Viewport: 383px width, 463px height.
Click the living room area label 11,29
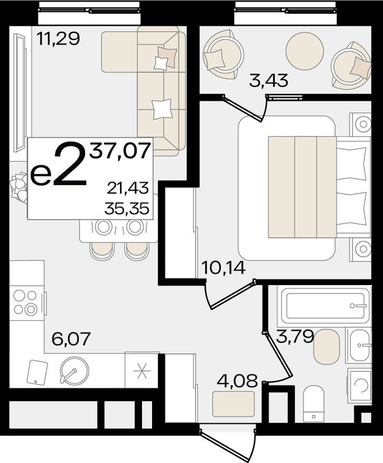point(58,38)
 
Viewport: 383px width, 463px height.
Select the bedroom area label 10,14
point(223,269)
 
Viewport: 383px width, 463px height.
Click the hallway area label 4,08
point(235,379)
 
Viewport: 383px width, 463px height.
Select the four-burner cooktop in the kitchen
point(26,303)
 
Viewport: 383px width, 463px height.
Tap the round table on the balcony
point(304,49)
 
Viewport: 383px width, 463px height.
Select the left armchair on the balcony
point(223,53)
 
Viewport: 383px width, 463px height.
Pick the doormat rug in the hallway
point(234,404)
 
